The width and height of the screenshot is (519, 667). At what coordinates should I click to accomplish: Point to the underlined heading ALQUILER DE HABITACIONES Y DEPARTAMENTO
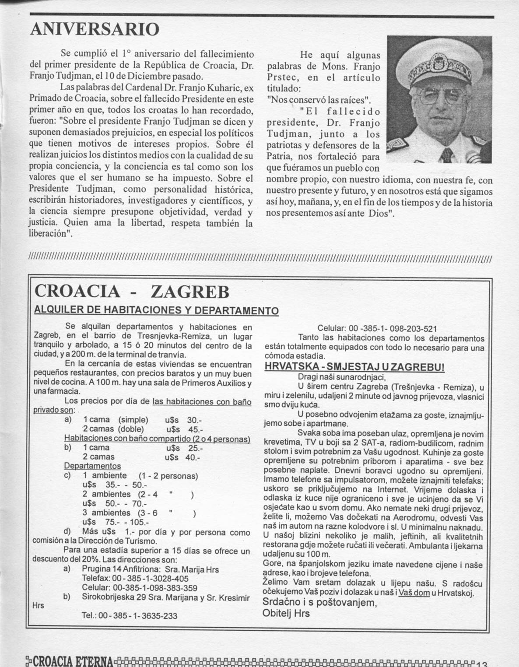point(156,310)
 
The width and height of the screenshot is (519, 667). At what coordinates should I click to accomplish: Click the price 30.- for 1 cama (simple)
point(193,420)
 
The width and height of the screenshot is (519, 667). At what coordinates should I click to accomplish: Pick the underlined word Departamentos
point(92,466)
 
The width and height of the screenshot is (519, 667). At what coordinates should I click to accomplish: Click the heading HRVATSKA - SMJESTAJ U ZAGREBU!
point(354,367)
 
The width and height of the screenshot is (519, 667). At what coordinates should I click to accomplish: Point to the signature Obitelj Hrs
point(286,613)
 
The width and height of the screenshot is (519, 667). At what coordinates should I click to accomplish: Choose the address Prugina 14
point(103,569)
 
